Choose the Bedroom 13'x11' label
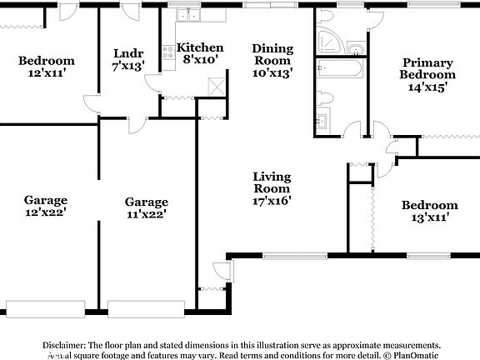429,212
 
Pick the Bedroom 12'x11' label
47,67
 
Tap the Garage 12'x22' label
46,206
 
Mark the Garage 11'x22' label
146,207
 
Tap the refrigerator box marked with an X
217,85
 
